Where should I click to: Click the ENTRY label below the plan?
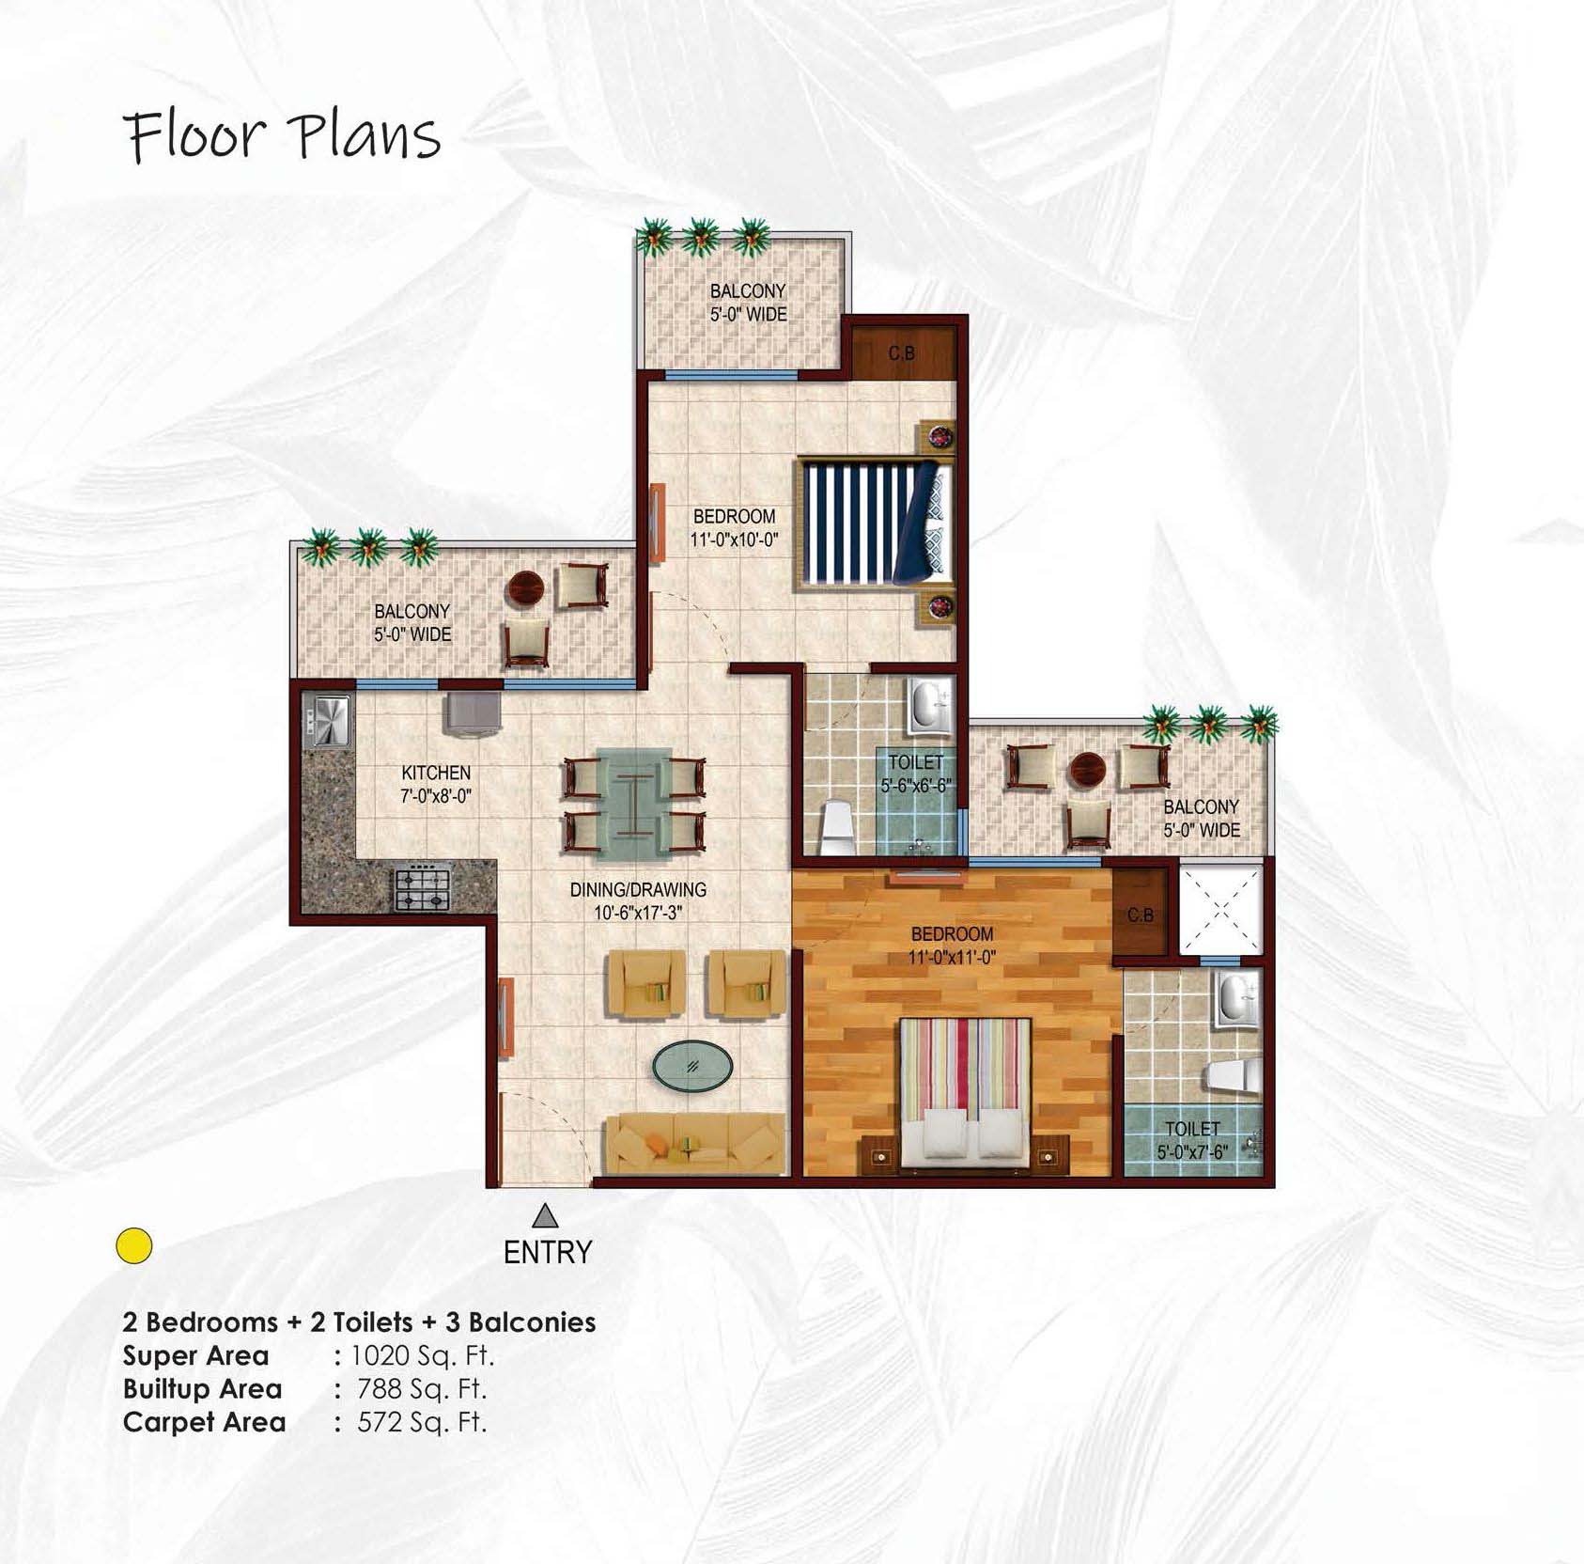pos(548,1252)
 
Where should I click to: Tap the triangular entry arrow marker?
pos(545,1216)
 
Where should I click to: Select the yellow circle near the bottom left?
pos(134,1245)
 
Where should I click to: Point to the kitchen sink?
pos(326,721)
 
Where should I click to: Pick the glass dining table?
pos(634,805)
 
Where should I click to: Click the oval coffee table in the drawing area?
pos(692,1066)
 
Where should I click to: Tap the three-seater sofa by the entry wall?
pos(694,1144)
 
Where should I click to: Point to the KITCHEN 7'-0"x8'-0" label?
pos(436,784)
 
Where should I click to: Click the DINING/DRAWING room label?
pos(638,900)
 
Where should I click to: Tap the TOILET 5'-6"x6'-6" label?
pos(916,774)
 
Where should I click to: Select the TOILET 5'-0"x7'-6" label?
pos(1192,1139)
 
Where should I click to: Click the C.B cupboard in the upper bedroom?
pos(902,353)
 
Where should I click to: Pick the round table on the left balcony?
pos(525,589)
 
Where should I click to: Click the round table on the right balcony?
pos(1090,769)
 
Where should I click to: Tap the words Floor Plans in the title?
pos(283,136)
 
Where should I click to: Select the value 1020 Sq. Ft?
pos(422,1355)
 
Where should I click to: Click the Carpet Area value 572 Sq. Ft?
pos(422,1421)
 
